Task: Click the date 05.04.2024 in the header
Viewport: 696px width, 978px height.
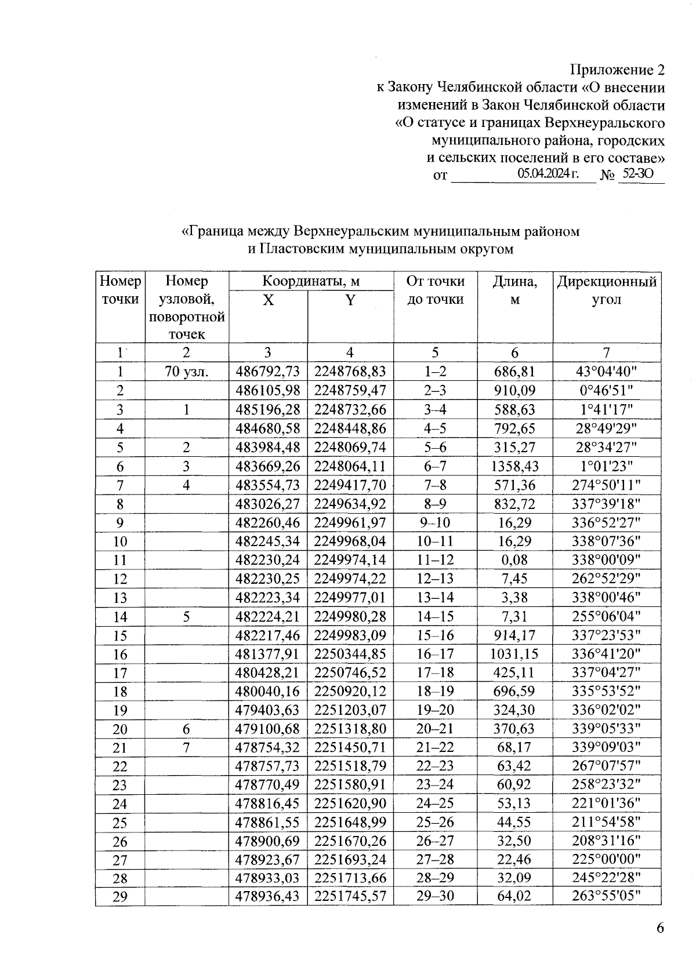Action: (548, 173)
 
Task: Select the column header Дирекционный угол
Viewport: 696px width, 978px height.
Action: (607, 290)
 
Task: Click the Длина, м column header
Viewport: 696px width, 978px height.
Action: (514, 290)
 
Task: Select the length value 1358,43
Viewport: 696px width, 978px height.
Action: (514, 467)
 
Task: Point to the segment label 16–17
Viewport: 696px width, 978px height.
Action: (435, 655)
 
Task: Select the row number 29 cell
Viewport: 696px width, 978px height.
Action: (120, 897)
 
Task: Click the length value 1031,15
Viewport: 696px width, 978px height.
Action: (514, 655)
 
